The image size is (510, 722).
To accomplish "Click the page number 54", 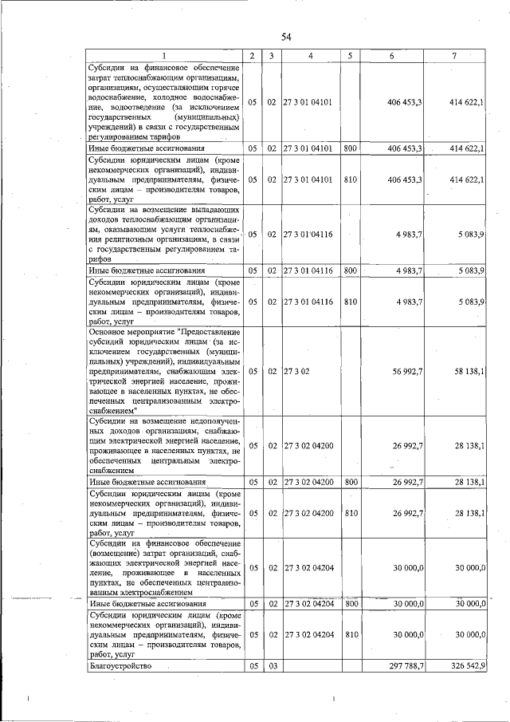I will coord(286,37).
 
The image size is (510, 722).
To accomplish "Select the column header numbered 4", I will coord(310,56).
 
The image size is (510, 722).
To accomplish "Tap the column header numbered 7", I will coord(453,56).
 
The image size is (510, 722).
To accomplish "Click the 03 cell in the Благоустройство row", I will coord(272,665).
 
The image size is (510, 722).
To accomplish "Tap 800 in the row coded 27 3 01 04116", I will coord(350,271).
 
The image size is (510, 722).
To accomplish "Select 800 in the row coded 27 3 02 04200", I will coord(350,482).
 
